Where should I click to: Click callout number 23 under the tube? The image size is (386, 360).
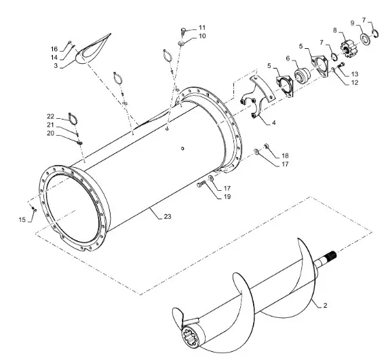(x=168, y=217)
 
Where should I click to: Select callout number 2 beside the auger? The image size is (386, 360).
(x=325, y=306)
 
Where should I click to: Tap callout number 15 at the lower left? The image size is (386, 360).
(x=22, y=220)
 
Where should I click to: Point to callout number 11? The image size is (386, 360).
(x=202, y=27)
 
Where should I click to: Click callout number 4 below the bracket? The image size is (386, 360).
(x=274, y=123)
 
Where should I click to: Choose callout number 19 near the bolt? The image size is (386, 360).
(x=227, y=196)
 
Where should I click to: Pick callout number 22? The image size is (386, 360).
(x=50, y=116)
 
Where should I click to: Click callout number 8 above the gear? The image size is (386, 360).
(x=335, y=31)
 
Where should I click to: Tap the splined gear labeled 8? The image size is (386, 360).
(x=347, y=50)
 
